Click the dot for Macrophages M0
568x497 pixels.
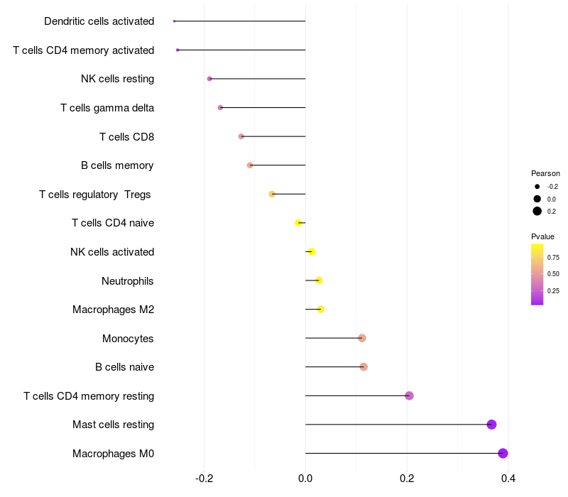(503, 453)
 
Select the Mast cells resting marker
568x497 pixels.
(491, 425)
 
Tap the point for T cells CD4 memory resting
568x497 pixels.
(409, 395)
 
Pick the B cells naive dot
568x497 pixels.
(364, 367)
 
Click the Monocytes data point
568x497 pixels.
(362, 338)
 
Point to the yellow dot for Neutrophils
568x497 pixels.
(319, 280)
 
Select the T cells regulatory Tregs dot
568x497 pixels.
(272, 194)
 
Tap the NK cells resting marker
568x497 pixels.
(209, 79)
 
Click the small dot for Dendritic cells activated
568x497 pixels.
(174, 21)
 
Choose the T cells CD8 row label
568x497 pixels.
(126, 136)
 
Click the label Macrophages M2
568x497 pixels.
(113, 310)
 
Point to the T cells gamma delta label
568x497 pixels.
(107, 108)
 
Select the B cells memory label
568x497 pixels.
(117, 165)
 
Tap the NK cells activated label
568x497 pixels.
(112, 252)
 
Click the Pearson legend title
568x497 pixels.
(545, 173)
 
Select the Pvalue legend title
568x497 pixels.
(542, 236)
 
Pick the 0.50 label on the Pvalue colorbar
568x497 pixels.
(553, 273)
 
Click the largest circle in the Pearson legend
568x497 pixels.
(537, 211)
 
